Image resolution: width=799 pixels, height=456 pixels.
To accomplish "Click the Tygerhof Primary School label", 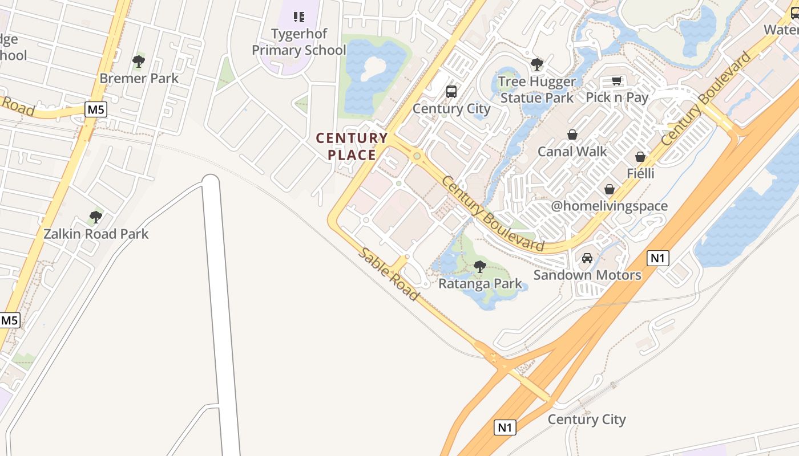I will coord(298,42).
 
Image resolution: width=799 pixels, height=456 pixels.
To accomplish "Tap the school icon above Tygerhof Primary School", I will coord(299,17).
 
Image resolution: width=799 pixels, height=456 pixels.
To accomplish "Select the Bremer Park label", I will coord(139,78).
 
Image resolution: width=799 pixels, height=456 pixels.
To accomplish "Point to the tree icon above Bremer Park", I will coord(138,61).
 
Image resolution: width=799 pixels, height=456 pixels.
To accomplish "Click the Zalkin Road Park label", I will coord(96,234).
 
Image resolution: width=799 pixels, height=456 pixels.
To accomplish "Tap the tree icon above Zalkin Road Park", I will coord(96,217).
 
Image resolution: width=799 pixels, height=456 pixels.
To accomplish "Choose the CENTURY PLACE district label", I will coord(352,146).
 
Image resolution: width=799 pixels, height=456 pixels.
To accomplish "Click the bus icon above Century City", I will coord(451,91).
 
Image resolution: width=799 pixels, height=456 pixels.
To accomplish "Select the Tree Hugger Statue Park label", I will coord(536,89).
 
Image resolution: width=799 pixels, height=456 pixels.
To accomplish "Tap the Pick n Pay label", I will coord(617,97).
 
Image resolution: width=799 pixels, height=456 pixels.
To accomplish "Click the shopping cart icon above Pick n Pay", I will coord(616,80).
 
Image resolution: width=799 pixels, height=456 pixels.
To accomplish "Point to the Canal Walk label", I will coord(572,152).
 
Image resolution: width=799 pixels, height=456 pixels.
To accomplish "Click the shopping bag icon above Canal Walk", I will coord(572,135).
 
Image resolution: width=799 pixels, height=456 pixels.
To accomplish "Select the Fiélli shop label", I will coord(640,173).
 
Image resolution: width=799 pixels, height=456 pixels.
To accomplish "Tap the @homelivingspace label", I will coord(609,206).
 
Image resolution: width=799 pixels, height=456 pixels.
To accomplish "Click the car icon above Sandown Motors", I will coord(587,258).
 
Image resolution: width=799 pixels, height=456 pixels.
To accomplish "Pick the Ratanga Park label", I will coord(480,283).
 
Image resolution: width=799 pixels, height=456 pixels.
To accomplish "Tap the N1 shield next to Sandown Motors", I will coord(658,258).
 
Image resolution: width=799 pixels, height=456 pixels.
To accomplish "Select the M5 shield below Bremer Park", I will coord(96,109).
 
